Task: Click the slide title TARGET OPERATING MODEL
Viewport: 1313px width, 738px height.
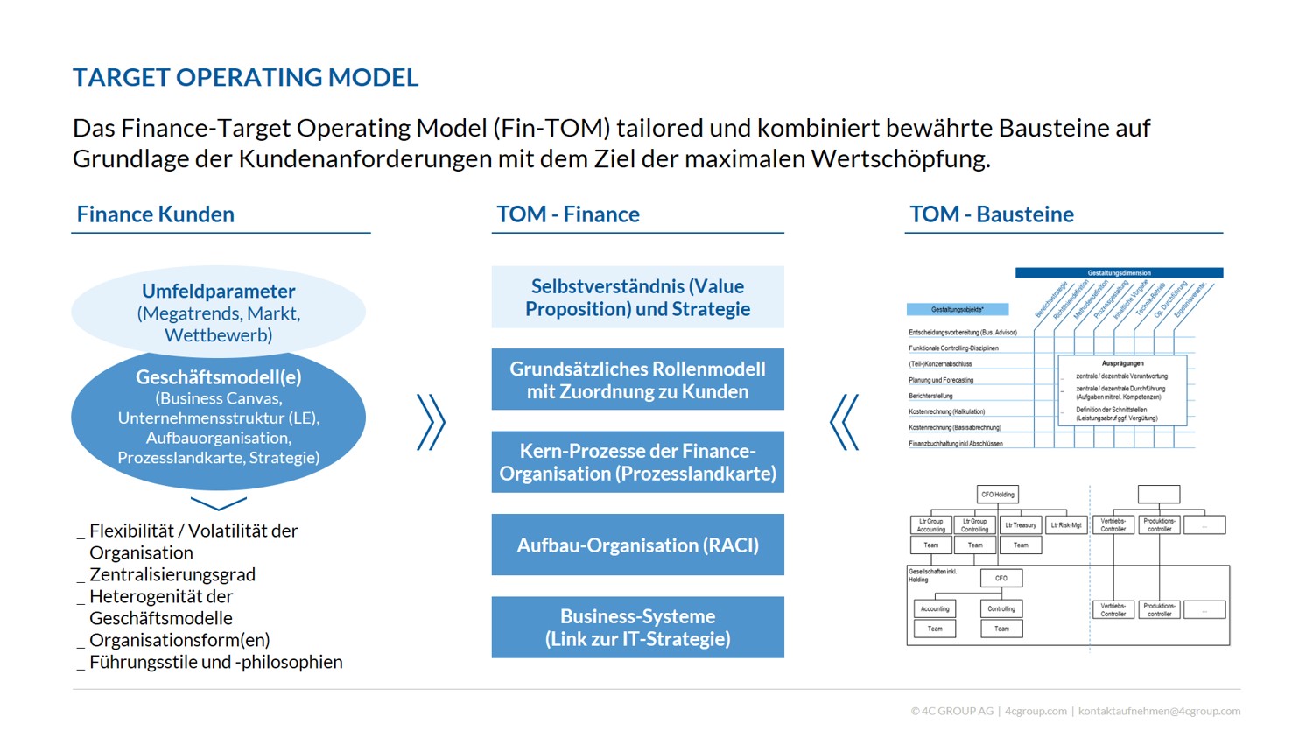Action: coord(245,77)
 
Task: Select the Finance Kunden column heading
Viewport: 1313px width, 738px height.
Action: coord(156,214)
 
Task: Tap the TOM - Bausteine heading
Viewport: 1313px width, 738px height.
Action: coord(991,214)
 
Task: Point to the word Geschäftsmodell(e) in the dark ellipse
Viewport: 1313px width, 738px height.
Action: coord(219,377)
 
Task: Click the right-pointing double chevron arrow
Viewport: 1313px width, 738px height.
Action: coord(431,422)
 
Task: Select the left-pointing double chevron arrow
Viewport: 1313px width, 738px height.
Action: coord(845,422)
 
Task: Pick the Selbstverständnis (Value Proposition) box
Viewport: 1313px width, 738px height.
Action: coord(637,298)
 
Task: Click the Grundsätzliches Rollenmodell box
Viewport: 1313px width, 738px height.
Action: coord(637,380)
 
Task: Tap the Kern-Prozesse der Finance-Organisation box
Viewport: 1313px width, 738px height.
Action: coord(637,462)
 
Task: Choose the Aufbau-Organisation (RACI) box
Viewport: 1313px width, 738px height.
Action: coord(637,545)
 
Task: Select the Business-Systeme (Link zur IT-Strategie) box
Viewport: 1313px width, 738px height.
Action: coord(637,627)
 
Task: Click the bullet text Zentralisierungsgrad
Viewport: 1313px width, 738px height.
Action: coord(172,574)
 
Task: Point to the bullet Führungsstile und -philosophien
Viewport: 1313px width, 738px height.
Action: coord(215,662)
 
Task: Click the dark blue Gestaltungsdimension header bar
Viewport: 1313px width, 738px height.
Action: coord(1119,273)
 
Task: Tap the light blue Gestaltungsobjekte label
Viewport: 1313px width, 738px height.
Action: coord(957,309)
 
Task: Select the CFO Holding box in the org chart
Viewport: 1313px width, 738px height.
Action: coord(997,495)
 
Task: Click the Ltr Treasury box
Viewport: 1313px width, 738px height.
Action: coord(1021,525)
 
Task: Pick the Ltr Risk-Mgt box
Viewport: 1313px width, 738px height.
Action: coord(1066,525)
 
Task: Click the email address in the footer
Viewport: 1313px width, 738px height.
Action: coord(1159,711)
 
